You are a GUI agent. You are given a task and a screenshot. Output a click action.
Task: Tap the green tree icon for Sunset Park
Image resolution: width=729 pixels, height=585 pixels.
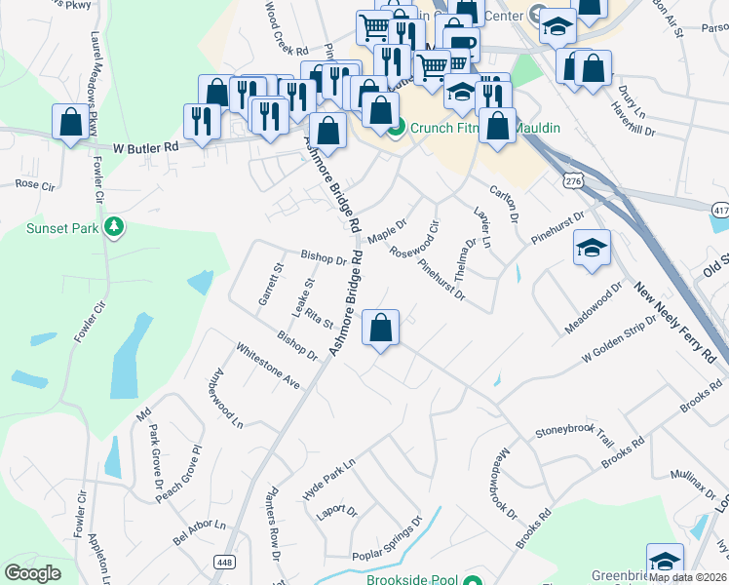coord(115,227)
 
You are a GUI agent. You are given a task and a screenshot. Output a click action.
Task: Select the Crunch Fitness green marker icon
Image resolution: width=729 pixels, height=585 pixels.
coord(396,127)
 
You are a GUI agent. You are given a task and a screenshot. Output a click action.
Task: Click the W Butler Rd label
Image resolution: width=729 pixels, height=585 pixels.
coord(146,147)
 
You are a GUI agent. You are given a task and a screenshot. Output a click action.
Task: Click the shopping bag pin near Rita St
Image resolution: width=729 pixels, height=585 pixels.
coord(381,328)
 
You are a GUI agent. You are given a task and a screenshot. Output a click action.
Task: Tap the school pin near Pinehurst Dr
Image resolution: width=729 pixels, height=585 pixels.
coord(592,249)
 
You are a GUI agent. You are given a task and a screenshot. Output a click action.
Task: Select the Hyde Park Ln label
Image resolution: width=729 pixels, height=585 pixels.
coord(328,479)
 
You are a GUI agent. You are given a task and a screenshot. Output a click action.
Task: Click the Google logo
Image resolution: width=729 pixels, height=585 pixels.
coord(32,573)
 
